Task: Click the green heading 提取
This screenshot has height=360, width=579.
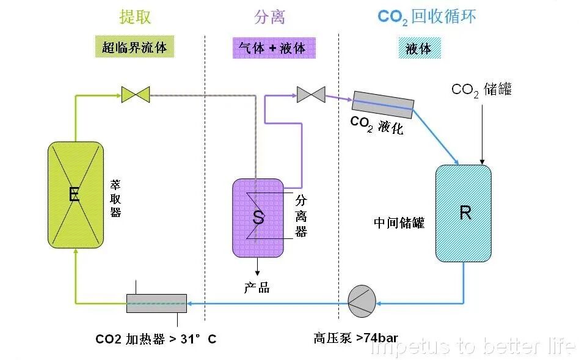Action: click(135, 17)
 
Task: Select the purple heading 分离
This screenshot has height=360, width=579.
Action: click(269, 17)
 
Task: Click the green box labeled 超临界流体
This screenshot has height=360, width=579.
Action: click(134, 47)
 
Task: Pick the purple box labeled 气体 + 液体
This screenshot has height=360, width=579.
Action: click(274, 48)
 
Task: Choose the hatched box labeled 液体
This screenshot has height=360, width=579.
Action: click(419, 48)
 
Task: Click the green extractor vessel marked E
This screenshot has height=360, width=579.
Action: click(75, 195)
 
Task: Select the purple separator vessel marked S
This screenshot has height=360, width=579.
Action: click(258, 217)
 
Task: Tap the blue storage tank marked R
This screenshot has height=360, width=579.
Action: click(464, 213)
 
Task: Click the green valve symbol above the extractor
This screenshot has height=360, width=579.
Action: click(135, 95)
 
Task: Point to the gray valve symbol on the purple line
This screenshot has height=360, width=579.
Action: click(310, 94)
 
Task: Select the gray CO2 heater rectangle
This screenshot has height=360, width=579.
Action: click(156, 303)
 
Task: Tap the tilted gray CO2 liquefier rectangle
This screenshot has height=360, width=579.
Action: click(383, 105)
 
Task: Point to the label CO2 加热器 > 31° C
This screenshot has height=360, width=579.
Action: click(156, 339)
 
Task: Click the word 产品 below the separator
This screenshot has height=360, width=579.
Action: click(257, 288)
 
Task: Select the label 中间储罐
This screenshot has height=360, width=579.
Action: click(399, 222)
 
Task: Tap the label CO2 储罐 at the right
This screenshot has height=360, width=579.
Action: click(481, 89)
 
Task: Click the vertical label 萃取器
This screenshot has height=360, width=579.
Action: click(115, 197)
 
